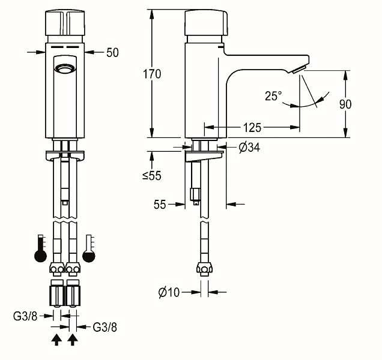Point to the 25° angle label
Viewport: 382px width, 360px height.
click(x=273, y=95)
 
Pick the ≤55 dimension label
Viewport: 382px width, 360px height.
click(x=151, y=176)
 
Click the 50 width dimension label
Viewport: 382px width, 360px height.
click(x=112, y=52)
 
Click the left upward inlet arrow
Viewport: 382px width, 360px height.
click(x=56, y=340)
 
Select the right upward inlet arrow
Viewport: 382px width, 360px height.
click(x=73, y=340)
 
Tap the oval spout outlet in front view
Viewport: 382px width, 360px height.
click(x=64, y=69)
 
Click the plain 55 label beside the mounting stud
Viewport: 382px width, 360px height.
click(x=159, y=205)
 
